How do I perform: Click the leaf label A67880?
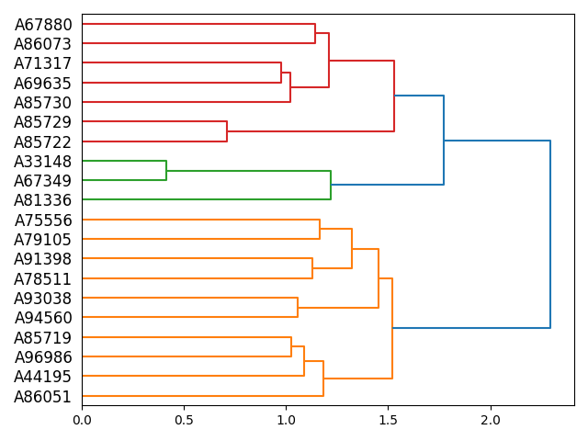click(43, 25)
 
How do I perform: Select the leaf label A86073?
click(43, 44)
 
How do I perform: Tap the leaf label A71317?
click(43, 63)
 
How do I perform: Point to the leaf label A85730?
click(43, 103)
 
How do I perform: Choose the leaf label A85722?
click(43, 142)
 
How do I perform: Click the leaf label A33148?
click(43, 162)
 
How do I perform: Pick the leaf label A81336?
click(43, 200)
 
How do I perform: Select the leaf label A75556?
click(43, 220)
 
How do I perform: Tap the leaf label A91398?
click(43, 259)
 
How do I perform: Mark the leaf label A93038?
click(43, 299)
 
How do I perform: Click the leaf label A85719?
click(43, 338)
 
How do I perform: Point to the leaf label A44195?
click(43, 377)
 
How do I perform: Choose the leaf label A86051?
click(43, 397)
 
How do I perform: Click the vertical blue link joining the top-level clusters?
click(550, 234)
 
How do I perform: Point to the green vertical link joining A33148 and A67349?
click(166, 171)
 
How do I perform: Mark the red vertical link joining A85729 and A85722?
click(227, 132)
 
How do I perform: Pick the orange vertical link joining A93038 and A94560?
click(298, 308)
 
